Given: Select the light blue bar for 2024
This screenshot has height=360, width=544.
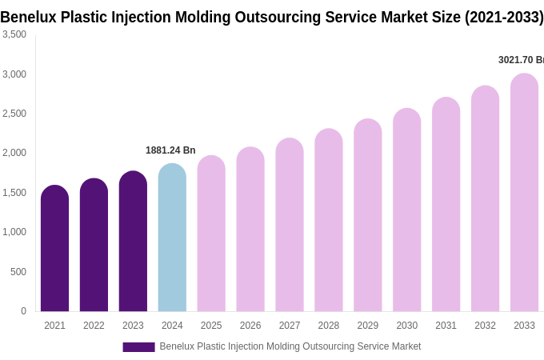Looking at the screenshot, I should [172, 238].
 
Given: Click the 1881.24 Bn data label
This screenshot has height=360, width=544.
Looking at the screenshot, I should [170, 150].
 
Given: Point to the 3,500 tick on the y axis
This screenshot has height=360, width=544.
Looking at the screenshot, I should [14, 34].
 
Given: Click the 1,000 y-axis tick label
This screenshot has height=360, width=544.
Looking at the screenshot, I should [14, 232].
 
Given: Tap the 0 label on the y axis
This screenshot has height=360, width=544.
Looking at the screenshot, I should [23, 311].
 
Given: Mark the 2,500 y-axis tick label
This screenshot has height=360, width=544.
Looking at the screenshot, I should [14, 114].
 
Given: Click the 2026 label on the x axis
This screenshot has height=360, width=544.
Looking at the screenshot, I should [250, 326].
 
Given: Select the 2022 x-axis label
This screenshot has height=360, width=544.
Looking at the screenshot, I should [94, 326].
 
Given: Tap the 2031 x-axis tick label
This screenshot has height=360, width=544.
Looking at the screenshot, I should [446, 326].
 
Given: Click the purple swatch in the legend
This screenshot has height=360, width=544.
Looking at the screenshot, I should [138, 347].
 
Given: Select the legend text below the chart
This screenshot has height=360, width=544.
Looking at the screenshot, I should [290, 346].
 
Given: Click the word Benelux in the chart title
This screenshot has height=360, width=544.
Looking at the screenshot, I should [30, 17].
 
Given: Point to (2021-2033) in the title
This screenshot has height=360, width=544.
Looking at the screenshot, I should [504, 17].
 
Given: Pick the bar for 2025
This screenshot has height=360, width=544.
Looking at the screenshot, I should [211, 234].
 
